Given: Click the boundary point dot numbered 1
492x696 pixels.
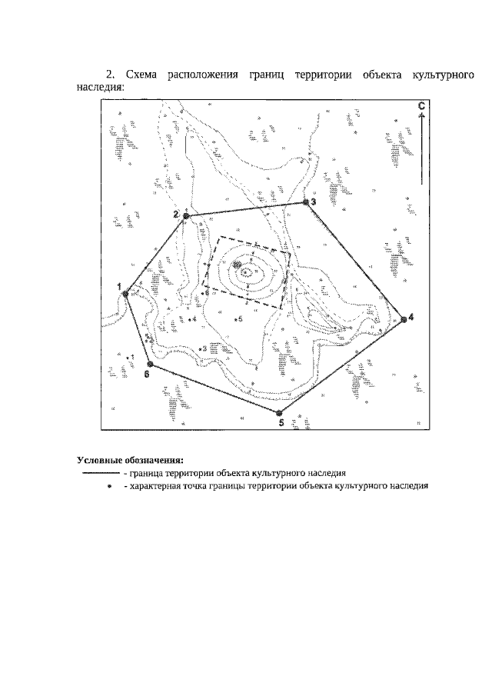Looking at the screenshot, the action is click(125, 294).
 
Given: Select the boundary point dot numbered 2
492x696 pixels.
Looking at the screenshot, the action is click(186, 216).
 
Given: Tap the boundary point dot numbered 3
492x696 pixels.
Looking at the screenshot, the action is click(305, 202).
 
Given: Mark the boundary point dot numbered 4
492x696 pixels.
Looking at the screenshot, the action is click(404, 319).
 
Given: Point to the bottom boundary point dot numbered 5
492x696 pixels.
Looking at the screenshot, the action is click(278, 413).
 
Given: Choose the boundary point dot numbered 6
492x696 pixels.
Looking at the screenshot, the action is click(150, 364).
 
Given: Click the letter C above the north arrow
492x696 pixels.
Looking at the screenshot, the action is click(421, 106).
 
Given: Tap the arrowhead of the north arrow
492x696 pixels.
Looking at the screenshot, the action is click(422, 115).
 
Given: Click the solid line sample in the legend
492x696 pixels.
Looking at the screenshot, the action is click(101, 473).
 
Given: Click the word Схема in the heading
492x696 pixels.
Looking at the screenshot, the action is click(141, 75).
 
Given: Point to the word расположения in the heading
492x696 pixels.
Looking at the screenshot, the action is click(202, 75).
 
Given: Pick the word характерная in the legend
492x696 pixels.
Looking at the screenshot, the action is click(153, 486).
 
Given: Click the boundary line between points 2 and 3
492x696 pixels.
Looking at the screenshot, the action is click(246, 209).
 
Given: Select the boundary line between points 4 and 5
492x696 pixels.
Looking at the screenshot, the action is click(341, 366).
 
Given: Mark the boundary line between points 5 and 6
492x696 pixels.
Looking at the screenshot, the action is click(214, 388).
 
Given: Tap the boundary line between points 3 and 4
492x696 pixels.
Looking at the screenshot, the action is click(354, 261).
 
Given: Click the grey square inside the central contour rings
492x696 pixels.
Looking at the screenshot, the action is click(237, 265).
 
